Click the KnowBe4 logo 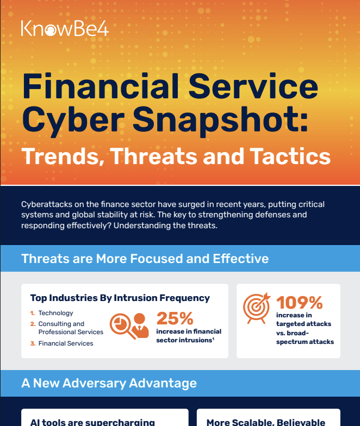tap(65, 28)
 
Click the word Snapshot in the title tap(220, 120)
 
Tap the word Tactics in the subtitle tap(290, 156)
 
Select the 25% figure tap(175, 318)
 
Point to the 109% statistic tap(299, 302)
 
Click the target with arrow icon tap(257, 308)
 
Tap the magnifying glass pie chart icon tap(123, 325)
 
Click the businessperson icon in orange tap(140, 325)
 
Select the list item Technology tap(55, 313)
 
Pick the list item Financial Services tap(66, 343)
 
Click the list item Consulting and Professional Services tap(71, 328)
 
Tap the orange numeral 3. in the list tap(33, 343)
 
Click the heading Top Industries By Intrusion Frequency tap(120, 298)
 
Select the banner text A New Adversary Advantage tap(109, 383)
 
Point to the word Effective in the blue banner tap(241, 259)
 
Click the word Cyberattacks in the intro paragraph tap(47, 204)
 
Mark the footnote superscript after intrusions tap(213, 338)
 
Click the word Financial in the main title tap(101, 86)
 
